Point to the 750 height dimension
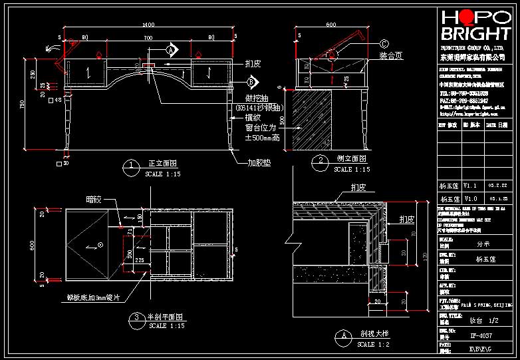22,106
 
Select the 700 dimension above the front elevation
147,38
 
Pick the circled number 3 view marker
136,318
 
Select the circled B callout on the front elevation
251,82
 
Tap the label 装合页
391,55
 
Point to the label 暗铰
96,198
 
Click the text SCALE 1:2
372,345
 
